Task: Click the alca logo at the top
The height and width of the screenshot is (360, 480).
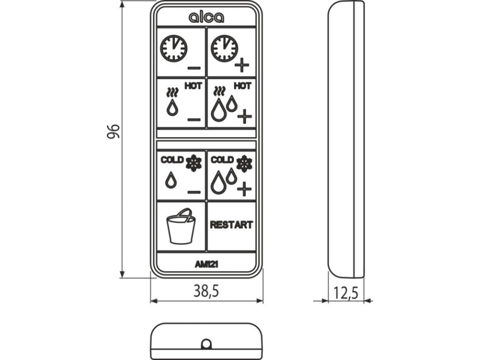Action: [x=206, y=17]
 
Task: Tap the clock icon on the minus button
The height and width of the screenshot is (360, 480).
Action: [x=173, y=48]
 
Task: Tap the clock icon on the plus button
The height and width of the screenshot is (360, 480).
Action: [x=225, y=48]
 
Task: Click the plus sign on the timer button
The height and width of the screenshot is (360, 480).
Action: [x=242, y=65]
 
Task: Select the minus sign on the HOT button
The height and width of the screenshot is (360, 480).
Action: [x=194, y=120]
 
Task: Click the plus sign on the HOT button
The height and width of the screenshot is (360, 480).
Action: [x=245, y=116]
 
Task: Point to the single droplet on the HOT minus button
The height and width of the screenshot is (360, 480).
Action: [x=172, y=107]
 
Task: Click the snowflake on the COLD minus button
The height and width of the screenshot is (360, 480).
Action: [x=194, y=163]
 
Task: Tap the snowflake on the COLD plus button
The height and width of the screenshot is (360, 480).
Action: [x=244, y=163]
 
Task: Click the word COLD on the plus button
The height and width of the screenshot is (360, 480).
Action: [x=222, y=159]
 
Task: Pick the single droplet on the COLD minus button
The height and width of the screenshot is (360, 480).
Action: [x=171, y=180]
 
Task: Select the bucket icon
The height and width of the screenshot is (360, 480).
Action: [x=180, y=226]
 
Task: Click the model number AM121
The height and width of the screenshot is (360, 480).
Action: [x=206, y=264]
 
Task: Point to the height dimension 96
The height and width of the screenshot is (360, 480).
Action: [x=113, y=131]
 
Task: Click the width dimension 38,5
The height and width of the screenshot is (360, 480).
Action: [x=206, y=291]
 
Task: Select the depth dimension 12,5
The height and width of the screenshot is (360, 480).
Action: [x=345, y=292]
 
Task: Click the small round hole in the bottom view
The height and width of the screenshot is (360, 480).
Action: [x=206, y=344]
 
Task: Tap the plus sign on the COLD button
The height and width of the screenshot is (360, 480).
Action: [x=244, y=189]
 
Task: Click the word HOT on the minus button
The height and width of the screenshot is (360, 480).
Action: [x=193, y=86]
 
